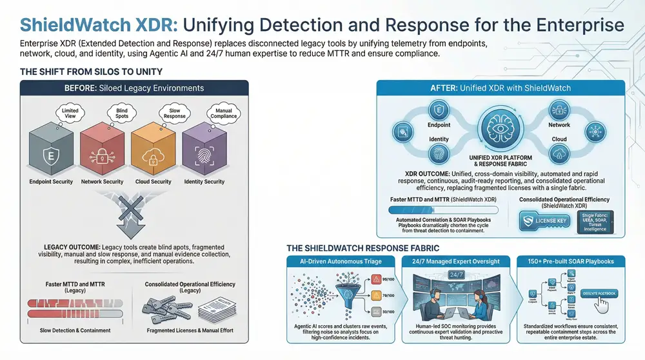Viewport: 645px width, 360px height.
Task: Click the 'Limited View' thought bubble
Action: click(x=70, y=114)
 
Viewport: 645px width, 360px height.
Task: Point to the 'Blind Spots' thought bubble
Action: click(x=121, y=114)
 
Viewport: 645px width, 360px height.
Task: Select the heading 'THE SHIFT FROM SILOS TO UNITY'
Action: click(x=91, y=72)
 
